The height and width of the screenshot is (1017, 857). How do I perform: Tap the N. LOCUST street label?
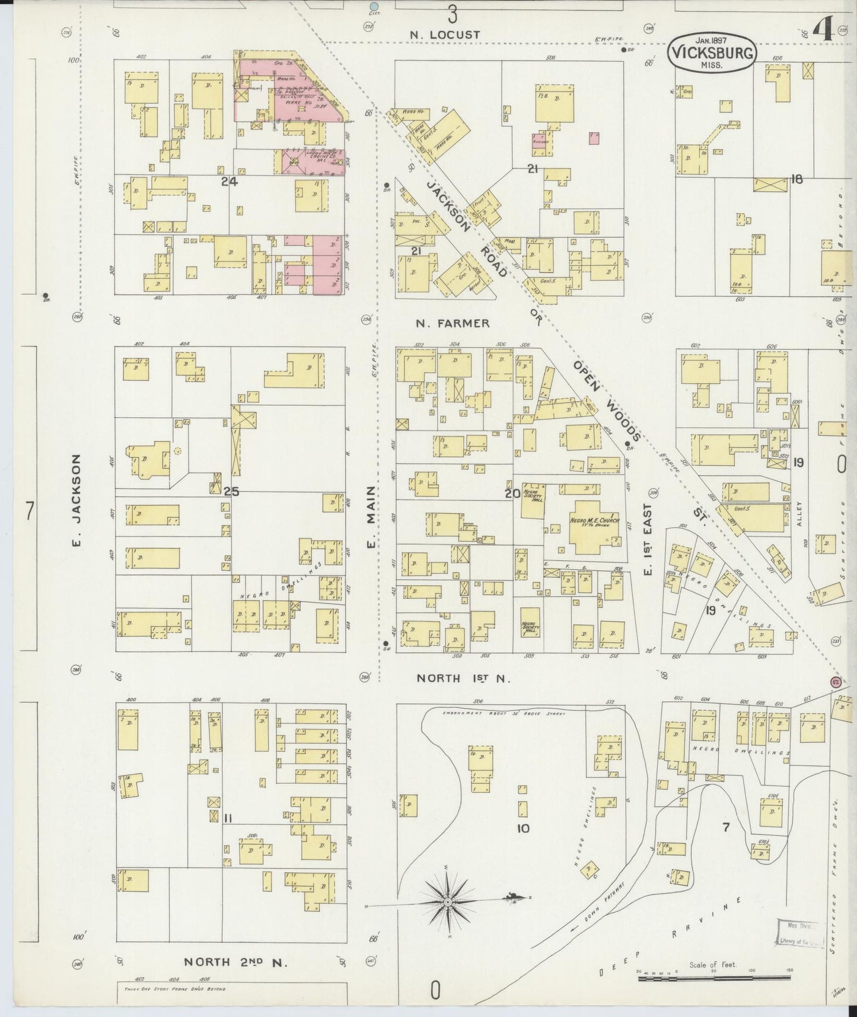pyautogui.click(x=445, y=35)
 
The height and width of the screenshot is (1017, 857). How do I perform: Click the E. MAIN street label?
pyautogui.click(x=370, y=517)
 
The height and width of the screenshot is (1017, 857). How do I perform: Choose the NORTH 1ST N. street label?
pyautogui.click(x=463, y=678)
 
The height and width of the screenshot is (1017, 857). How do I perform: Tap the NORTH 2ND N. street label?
pyautogui.click(x=235, y=962)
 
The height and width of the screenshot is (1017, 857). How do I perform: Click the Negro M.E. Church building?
pyautogui.click(x=594, y=523)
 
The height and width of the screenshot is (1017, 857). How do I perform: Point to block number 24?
pyautogui.click(x=230, y=182)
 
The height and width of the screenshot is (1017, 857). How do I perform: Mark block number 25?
pyautogui.click(x=231, y=491)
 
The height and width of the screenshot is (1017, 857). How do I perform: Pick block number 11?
pyautogui.click(x=228, y=819)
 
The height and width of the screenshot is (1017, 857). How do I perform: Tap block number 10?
pyautogui.click(x=523, y=828)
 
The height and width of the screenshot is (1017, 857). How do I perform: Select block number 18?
pyautogui.click(x=796, y=179)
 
